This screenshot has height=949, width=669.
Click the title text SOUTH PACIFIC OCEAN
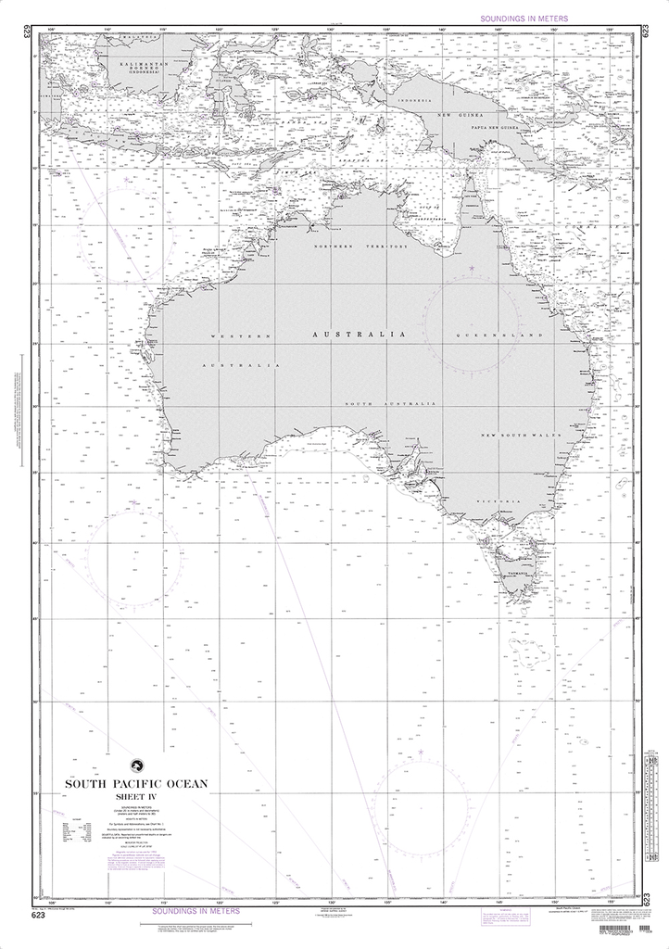pyautogui.click(x=136, y=784)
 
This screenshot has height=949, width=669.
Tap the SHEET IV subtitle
pyautogui.click(x=136, y=796)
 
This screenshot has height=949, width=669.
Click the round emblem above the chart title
pyautogui.click(x=135, y=766)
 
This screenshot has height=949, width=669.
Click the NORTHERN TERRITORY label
pyautogui.click(x=360, y=247)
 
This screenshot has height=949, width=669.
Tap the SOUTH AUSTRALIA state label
pyautogui.click(x=390, y=405)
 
